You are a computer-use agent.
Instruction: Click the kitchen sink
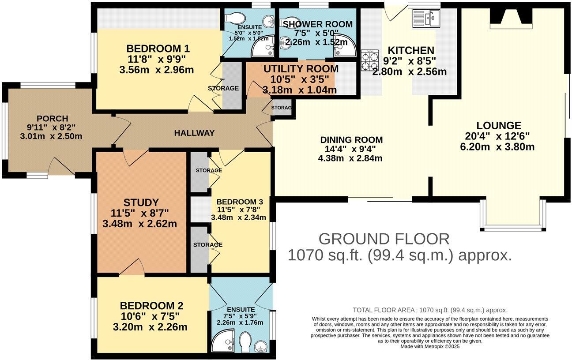[426, 18]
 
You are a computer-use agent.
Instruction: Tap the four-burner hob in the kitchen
[369, 60]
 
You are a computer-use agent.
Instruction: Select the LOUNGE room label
[499, 125]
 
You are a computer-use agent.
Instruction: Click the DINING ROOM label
[351, 140]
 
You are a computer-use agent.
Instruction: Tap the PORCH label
[53, 119]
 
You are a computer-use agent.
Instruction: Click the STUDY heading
[141, 202]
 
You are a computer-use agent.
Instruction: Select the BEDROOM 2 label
[151, 306]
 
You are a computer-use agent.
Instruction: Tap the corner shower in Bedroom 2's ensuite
[223, 341]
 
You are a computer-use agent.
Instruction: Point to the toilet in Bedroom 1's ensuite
[235, 19]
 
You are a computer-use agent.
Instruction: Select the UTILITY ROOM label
[301, 69]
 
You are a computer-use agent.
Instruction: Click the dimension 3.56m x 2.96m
[157, 70]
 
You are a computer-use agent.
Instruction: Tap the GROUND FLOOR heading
[384, 239]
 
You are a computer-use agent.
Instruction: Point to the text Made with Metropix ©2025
[430, 346]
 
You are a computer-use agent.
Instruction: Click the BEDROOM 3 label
[240, 202]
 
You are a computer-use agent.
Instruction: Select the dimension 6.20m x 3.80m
[497, 147]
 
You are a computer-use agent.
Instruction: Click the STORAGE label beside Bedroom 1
[223, 88]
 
